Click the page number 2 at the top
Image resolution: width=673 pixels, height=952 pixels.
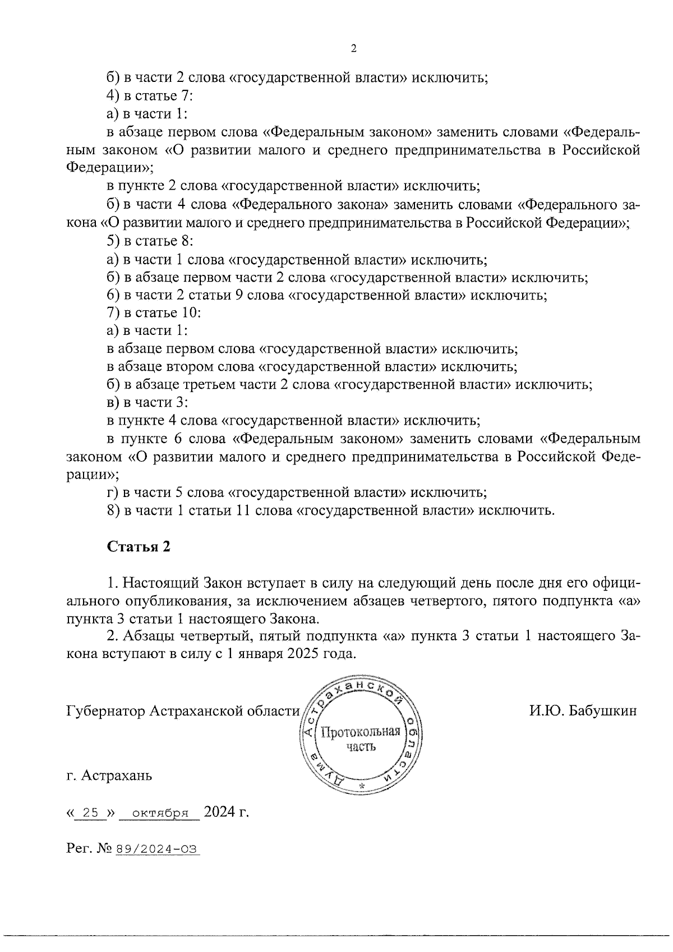point(353,49)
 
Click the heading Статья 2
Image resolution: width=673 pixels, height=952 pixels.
point(139,546)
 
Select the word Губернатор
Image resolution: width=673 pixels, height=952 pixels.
point(105,711)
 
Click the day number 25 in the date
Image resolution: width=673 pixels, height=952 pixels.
point(90,812)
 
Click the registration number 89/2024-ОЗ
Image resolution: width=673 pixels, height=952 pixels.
point(157,849)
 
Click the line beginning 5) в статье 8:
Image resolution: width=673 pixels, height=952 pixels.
point(150,241)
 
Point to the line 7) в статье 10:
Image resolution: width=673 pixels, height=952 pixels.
point(154,313)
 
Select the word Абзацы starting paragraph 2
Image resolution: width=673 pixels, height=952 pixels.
point(149,637)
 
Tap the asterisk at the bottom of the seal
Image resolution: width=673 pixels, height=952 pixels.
point(361,786)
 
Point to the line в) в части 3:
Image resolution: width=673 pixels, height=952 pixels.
point(147,403)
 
